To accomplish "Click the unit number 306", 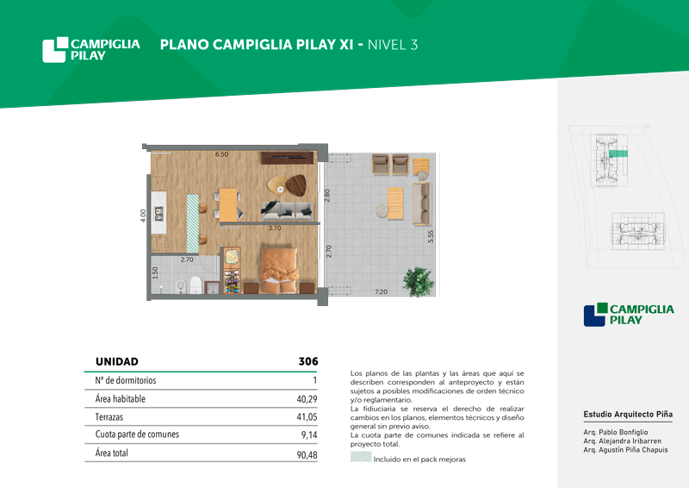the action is coord(308,362).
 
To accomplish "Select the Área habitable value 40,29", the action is coord(307,399).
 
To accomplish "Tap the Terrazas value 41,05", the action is coord(307,416).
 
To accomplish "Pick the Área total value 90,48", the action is coord(307,454).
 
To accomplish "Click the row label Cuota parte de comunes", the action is coord(137,435).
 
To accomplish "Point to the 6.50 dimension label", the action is coord(221,154).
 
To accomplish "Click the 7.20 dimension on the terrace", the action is coord(381,291).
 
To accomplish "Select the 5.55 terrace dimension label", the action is coord(431,236).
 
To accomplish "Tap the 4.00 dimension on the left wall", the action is coord(143,216).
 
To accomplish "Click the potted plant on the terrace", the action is coord(418,281).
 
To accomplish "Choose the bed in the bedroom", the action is coord(278,270).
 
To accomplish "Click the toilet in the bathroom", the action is coord(196,285).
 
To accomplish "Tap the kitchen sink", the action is coord(158,214).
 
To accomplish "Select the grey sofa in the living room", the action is coord(288,210).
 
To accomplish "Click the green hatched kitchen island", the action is coord(192,223).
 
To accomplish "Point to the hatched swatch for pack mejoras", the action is coord(361,457).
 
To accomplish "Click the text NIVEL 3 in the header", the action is coord(393,45).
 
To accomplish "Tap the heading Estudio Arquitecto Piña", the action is coord(628,414).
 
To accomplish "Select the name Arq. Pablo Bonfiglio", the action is coord(616,432).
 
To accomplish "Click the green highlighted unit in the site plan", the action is coord(618,153).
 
